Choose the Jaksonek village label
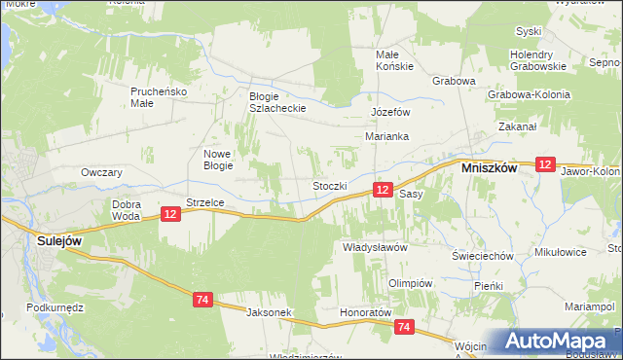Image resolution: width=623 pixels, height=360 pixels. click(x=270, y=312)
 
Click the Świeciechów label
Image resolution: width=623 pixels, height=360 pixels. click(x=482, y=255)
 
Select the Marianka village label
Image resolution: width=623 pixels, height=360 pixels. click(x=386, y=137)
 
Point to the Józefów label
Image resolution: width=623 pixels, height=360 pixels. click(x=388, y=112)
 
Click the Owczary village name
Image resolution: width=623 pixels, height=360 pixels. click(x=101, y=172)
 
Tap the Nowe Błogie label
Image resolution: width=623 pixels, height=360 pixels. click(x=217, y=160)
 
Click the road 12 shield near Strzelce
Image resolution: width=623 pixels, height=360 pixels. click(x=169, y=214)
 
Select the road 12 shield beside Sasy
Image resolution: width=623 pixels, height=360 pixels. click(x=384, y=190)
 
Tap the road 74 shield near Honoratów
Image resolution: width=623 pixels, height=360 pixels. click(x=405, y=328)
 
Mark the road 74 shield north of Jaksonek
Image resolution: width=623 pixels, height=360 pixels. click(x=202, y=300)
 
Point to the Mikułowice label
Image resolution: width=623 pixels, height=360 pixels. click(x=561, y=252)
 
